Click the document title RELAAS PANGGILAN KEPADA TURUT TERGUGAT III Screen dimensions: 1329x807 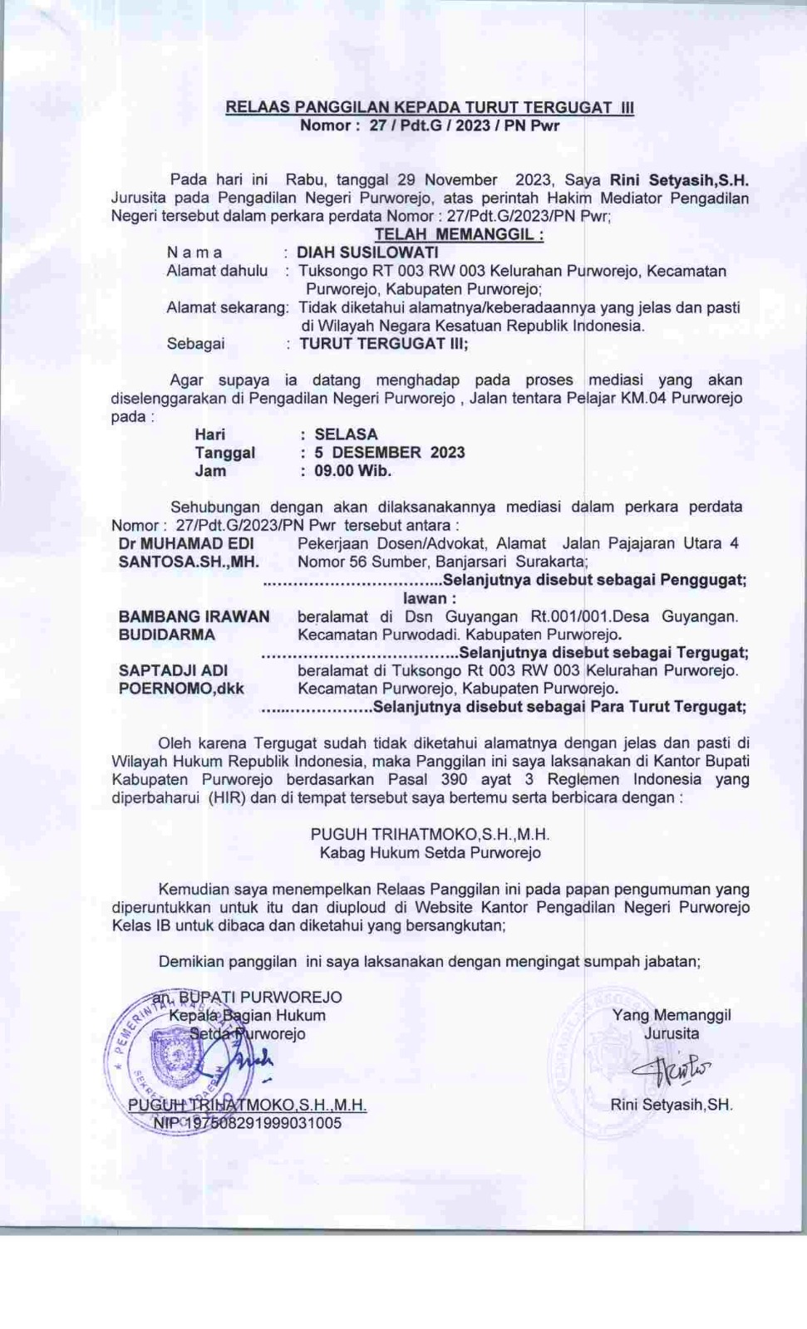(430, 108)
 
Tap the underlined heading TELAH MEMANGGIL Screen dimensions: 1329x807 (459, 234)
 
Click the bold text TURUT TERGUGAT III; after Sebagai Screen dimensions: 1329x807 (384, 344)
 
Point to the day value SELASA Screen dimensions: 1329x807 (346, 434)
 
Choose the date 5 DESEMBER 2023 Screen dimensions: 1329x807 (389, 453)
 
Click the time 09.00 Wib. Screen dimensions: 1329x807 (352, 471)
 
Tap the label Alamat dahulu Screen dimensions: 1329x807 (217, 271)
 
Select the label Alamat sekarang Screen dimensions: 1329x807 (227, 307)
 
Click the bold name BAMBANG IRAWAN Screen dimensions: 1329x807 (194, 616)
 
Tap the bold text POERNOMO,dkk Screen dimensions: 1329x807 (181, 689)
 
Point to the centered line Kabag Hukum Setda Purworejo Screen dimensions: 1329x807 (430, 852)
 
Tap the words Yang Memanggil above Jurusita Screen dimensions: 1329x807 (672, 1015)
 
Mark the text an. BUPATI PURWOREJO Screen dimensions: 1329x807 (247, 997)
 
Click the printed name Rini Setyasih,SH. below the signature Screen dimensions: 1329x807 (672, 1105)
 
